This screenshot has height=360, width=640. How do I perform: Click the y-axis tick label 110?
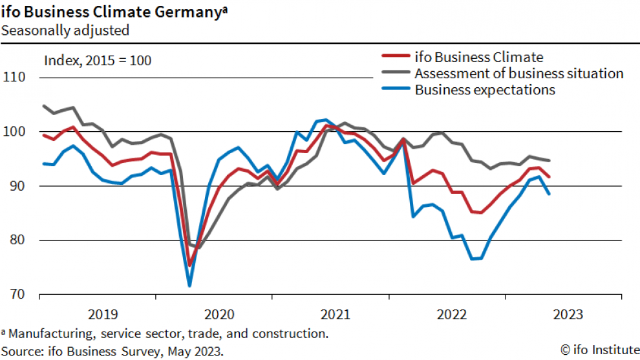(14, 78)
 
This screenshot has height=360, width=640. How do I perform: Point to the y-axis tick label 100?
(14, 132)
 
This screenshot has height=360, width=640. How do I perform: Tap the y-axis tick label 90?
(17, 186)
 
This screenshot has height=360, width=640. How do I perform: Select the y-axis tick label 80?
(17, 240)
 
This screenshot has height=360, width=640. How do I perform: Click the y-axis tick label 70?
(17, 295)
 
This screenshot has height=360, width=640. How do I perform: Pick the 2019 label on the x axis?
(103, 315)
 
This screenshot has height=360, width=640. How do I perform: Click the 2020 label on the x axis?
(219, 315)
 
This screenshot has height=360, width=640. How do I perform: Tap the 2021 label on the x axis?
(336, 315)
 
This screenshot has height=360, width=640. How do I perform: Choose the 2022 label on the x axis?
(452, 315)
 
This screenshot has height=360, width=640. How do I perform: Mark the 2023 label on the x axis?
(568, 315)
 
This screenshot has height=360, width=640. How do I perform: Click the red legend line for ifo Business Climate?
(394, 58)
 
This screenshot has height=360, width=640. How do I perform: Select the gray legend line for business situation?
(394, 74)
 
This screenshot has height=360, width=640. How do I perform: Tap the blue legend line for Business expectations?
(394, 90)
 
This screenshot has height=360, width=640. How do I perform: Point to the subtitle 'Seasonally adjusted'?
(65, 30)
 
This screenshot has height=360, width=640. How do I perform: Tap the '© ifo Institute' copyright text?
(598, 350)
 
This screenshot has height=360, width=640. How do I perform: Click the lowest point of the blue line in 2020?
(190, 285)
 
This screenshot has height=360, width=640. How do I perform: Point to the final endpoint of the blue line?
(549, 193)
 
